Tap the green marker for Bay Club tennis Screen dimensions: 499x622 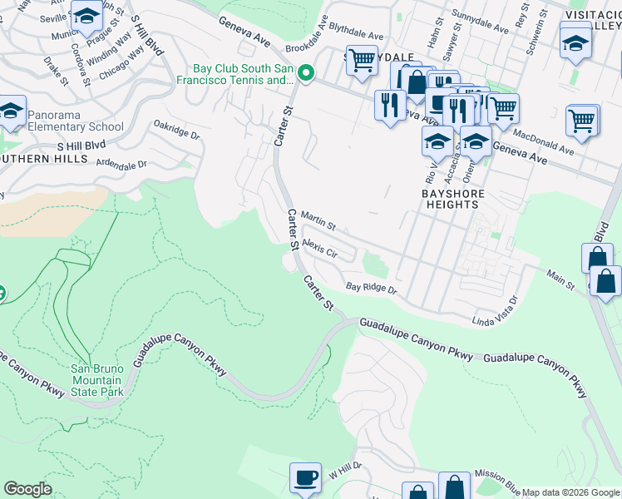[x=306, y=75]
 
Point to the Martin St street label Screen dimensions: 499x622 [x=318, y=220]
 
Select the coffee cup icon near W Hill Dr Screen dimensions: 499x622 [x=304, y=477]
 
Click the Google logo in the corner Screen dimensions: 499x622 [x=27, y=489]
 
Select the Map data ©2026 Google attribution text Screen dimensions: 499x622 [x=570, y=492]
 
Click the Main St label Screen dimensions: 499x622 [x=560, y=279]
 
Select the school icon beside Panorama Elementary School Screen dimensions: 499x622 [x=11, y=111]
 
